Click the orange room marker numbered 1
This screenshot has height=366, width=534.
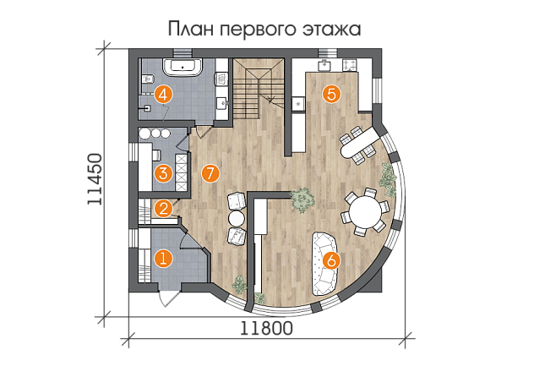coord(163,259)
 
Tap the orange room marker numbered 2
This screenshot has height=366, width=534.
coord(163,209)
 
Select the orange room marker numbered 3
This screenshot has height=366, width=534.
coord(163,173)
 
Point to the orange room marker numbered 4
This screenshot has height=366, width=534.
coord(163,95)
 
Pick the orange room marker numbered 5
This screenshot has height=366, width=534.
coord(332,94)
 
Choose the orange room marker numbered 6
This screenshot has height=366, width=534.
coord(332,260)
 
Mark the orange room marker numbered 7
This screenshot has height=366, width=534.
coord(210,173)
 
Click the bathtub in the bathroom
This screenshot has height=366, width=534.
coord(183,67)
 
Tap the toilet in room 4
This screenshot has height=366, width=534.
coord(147,79)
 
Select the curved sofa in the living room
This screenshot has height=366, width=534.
coord(325,263)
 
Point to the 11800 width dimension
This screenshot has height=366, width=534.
coord(267,329)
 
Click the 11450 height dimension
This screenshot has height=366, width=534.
coord(95,179)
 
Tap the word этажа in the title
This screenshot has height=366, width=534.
coord(331,30)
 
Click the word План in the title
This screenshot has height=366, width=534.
coord(191,29)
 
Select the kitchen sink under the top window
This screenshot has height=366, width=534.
coord(325,65)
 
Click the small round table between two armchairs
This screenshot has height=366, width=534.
coord(237,218)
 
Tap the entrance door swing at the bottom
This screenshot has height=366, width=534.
coord(166,299)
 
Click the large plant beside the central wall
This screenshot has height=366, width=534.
coord(302,199)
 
